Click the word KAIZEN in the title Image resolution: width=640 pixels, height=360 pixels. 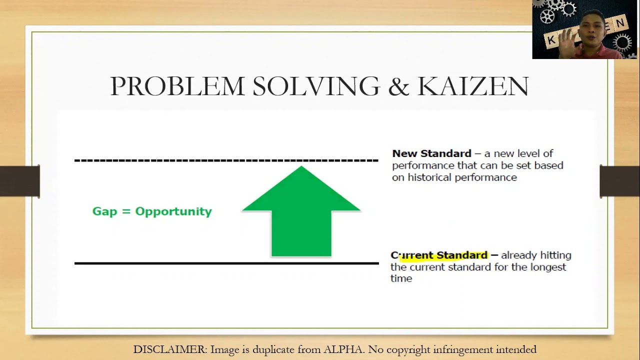(x=472, y=86)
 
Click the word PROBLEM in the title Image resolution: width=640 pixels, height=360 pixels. (x=177, y=86)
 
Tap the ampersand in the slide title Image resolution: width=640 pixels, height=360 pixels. (x=398, y=86)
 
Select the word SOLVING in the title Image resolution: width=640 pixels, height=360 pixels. (x=316, y=86)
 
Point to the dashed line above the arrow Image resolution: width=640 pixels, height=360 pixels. (x=226, y=160)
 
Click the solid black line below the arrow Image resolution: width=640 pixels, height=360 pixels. (x=226, y=263)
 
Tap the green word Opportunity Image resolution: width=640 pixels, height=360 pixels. (x=173, y=211)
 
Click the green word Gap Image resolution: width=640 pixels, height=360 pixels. (x=104, y=211)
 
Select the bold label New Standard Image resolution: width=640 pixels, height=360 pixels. (x=431, y=153)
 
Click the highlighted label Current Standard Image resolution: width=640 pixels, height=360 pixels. (x=439, y=255)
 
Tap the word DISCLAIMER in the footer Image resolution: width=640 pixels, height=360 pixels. (x=169, y=349)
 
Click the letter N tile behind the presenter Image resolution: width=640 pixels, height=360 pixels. (x=620, y=23)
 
